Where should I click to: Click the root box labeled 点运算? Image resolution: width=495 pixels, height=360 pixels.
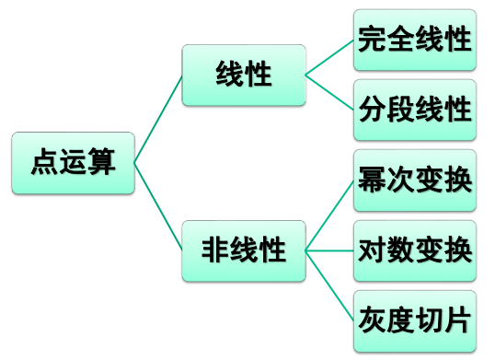73,164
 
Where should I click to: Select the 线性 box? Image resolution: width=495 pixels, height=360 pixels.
243,74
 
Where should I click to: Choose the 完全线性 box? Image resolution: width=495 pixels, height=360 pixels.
415,40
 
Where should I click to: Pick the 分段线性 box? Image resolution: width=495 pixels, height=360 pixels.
415,110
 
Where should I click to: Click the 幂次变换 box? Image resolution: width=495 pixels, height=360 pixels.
415,180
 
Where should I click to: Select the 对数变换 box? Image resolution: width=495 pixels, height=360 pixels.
415,250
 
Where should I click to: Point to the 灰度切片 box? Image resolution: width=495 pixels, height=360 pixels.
415,320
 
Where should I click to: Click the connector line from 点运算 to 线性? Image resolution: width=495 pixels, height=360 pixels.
158,119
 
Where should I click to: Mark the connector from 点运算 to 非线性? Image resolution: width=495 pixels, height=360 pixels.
158,206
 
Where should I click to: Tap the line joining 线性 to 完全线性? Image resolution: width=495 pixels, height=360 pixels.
329,57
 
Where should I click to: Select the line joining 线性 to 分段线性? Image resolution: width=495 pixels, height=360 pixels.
329,91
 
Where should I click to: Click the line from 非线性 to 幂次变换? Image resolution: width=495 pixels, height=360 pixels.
329,215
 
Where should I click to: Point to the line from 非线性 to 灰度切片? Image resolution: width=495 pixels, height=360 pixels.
329,285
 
